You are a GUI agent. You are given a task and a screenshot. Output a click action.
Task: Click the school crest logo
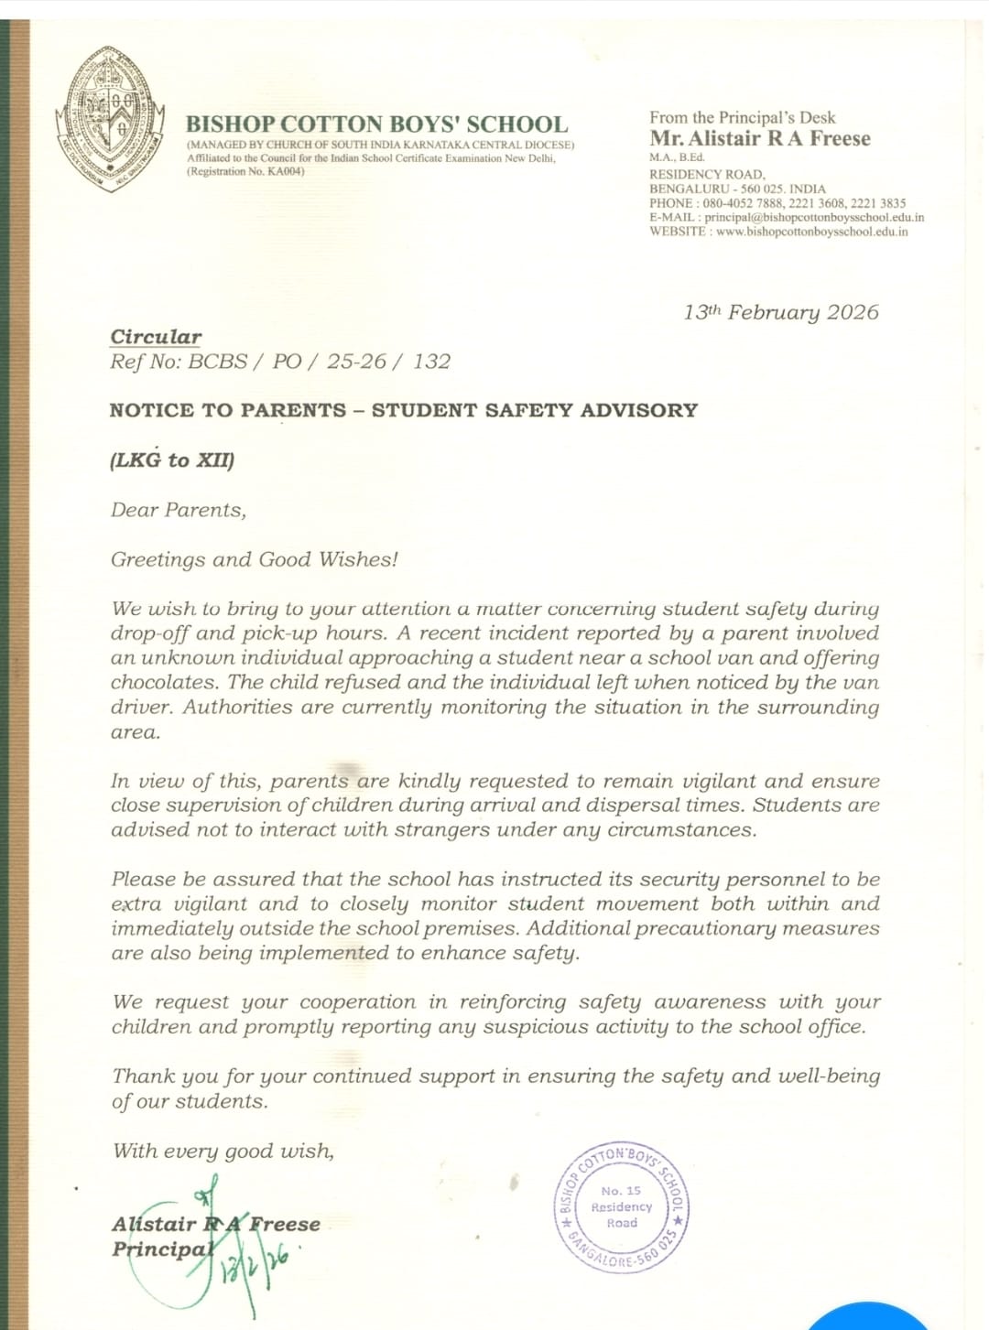[x=110, y=120]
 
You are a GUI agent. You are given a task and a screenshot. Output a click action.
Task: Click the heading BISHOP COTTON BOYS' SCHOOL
[x=376, y=124]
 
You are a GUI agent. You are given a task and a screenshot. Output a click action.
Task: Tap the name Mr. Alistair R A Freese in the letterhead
[x=760, y=139]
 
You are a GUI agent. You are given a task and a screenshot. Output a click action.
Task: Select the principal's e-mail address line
[x=787, y=218]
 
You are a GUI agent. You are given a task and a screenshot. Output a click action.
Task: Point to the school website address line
[x=778, y=232]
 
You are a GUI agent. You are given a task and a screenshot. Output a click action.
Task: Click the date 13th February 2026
[x=780, y=312]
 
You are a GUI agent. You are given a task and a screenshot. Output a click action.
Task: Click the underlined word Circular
[x=156, y=337]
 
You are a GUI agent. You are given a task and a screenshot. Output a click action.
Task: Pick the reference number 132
[x=431, y=362]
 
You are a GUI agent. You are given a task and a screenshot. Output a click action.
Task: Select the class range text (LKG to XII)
[x=172, y=460]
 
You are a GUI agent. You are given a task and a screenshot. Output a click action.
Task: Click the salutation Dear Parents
[x=179, y=510]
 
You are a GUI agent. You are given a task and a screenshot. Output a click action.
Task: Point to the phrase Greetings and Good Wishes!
[x=254, y=559]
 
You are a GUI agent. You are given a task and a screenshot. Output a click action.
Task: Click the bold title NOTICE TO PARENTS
[x=228, y=411]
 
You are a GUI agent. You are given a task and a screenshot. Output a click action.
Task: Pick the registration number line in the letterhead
[x=245, y=171]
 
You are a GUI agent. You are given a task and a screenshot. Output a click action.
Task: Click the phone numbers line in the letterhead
[x=777, y=203]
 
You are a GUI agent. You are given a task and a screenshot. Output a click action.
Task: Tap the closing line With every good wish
[x=223, y=1151]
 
